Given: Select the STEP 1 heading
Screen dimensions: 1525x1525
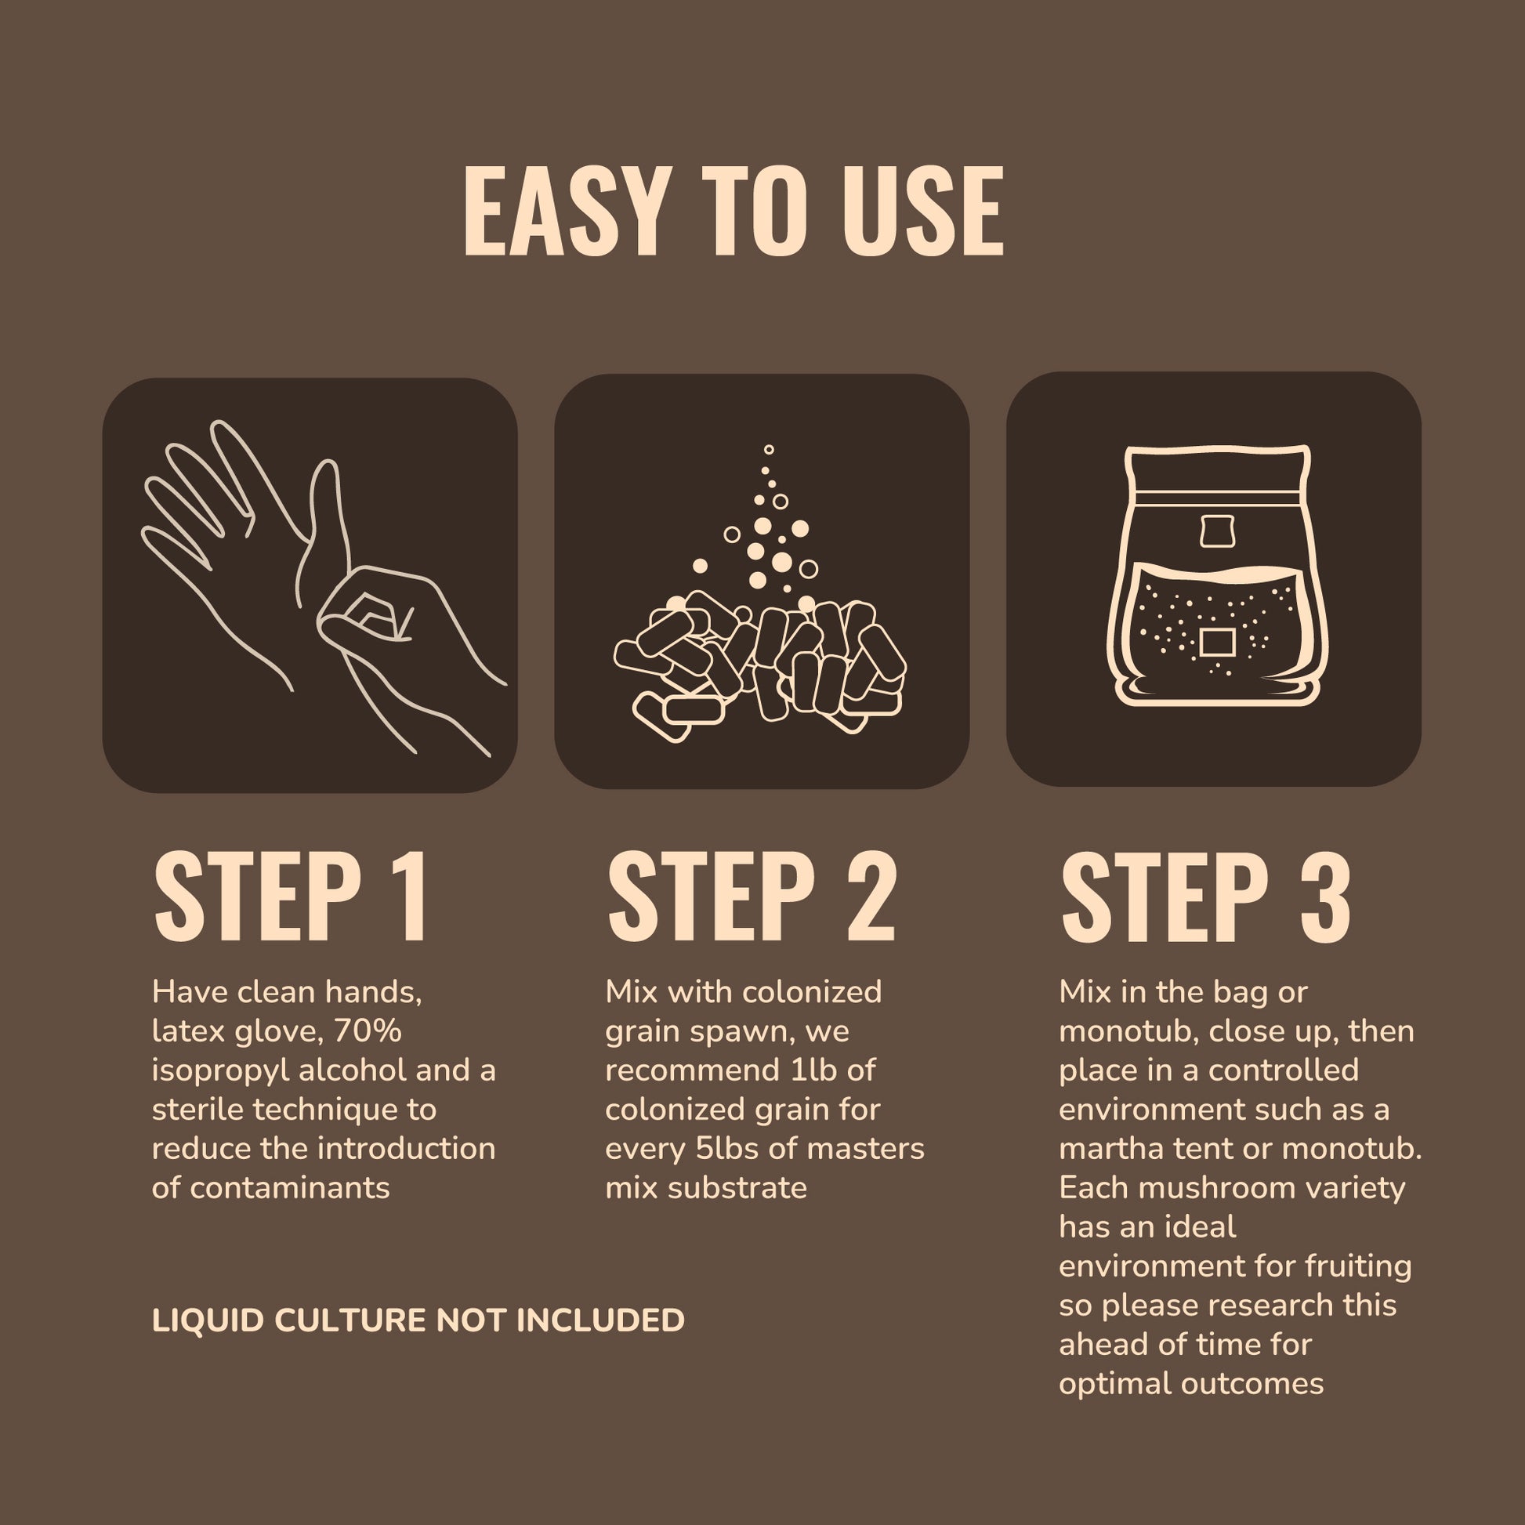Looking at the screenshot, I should [292, 897].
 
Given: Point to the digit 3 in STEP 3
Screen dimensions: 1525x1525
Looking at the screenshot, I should [1324, 897].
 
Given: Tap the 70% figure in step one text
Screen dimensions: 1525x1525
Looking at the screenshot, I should [367, 1031].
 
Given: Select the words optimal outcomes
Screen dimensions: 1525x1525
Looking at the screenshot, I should [1191, 1384].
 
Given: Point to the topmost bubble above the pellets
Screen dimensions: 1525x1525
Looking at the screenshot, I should [769, 450].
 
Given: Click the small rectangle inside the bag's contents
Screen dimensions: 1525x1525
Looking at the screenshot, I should [1217, 642].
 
